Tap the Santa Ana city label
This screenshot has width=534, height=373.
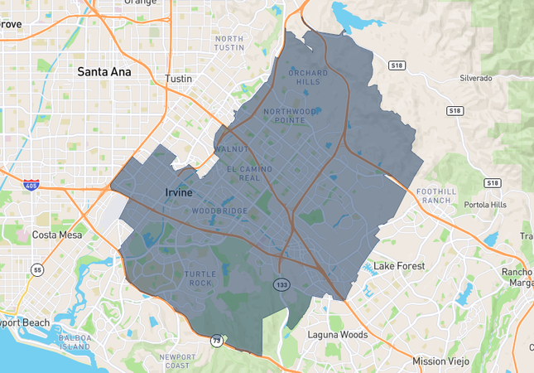(104, 72)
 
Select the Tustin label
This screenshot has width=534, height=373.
(178, 78)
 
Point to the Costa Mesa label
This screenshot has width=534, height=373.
(55, 235)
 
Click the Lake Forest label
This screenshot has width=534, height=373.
(399, 266)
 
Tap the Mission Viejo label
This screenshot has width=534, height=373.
(440, 361)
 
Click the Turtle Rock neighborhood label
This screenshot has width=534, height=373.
(200, 279)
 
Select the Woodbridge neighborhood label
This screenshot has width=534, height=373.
(219, 211)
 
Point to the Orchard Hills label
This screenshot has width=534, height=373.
(308, 77)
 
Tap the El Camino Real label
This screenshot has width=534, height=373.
(249, 173)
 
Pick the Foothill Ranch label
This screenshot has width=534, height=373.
(436, 196)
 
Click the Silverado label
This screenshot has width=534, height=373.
(476, 78)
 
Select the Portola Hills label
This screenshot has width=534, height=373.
(487, 206)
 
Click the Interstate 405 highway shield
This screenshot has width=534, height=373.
(31, 184)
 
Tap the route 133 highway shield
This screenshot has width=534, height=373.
(282, 284)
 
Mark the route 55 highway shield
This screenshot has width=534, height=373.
(37, 269)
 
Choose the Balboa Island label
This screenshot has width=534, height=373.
(75, 342)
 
